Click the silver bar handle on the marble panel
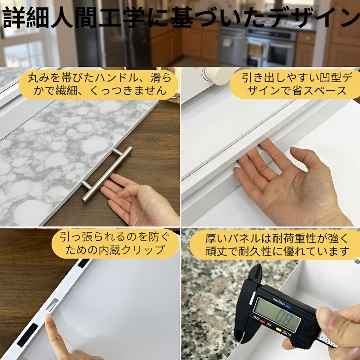tap(107, 174)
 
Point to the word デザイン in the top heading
tap(317, 18)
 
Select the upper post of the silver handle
tap(117, 152)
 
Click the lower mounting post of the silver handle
tap(86, 184)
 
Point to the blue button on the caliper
tap(288, 307)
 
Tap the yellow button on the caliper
tap(278, 330)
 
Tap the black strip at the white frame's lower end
tap(27, 335)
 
